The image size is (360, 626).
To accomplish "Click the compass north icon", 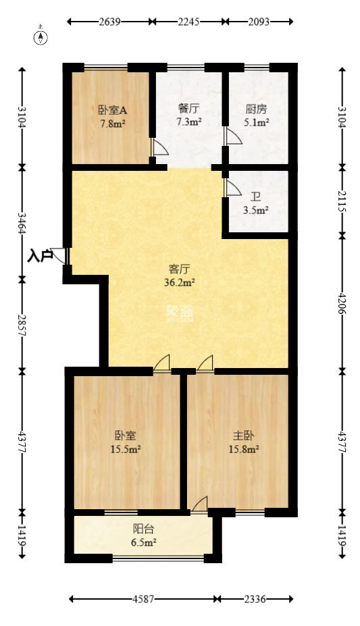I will tap(42, 36).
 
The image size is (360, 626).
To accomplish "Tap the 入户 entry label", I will tap(40, 256).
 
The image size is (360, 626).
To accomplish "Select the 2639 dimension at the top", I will tap(109, 22).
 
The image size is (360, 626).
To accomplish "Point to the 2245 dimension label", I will tap(188, 22).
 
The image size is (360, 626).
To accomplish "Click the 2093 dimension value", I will tap(259, 22).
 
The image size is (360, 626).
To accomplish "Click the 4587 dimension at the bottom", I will tap(143, 598).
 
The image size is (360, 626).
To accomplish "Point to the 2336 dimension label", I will tap(254, 598).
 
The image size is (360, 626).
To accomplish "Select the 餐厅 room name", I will tap(188, 109).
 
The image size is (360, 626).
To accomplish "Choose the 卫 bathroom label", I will tap(255, 197).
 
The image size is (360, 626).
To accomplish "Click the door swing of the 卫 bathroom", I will tap(232, 188).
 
